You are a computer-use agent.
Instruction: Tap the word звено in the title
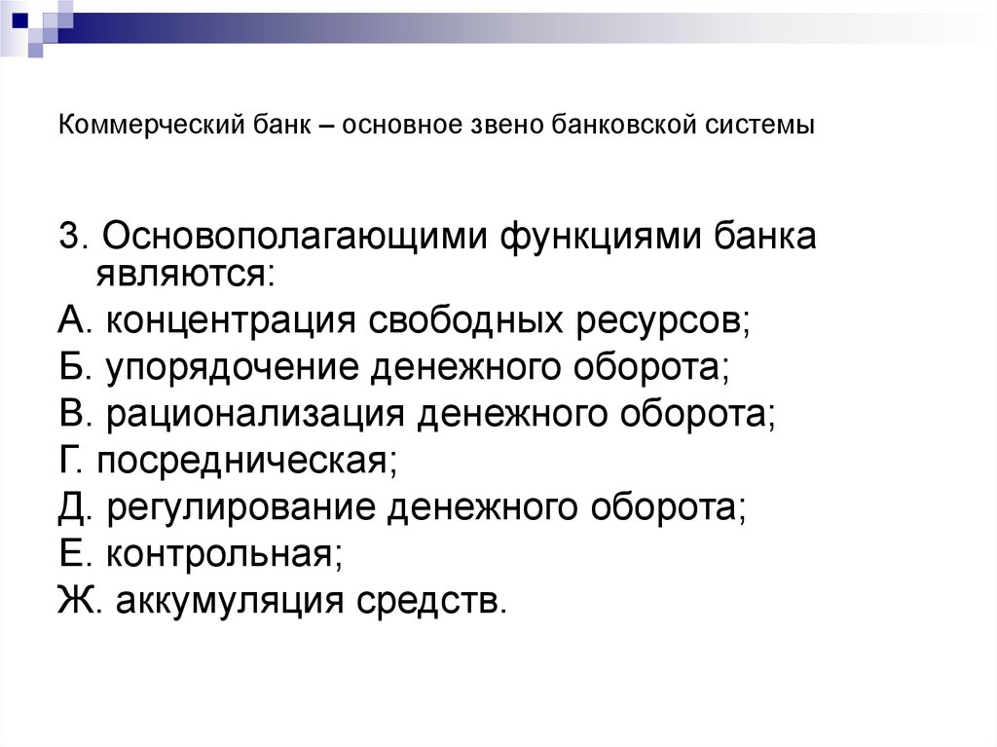(501, 126)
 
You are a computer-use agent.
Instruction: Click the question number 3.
(71, 237)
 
